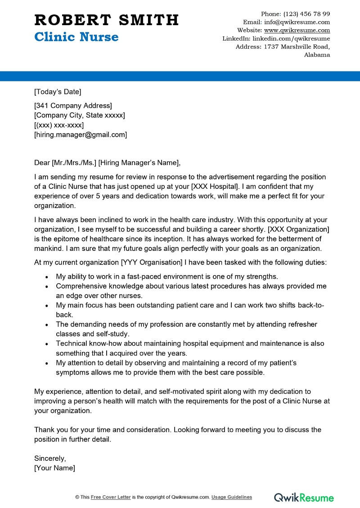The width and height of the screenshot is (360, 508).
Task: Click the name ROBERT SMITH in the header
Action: (107, 20)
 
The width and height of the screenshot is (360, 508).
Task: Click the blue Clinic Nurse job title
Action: (76, 37)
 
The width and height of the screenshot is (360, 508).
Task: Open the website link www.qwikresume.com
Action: (297, 30)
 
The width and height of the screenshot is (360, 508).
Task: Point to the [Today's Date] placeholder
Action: (58, 92)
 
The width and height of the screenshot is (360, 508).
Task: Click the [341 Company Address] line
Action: (73, 106)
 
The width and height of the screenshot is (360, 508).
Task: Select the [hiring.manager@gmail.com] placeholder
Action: (81, 134)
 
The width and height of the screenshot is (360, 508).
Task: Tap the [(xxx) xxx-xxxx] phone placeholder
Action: (59, 125)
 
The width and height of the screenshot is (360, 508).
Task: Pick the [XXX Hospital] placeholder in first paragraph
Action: (212, 187)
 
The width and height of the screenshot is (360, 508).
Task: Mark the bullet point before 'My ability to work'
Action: (47, 276)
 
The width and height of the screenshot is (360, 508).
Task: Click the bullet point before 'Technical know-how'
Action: (47, 343)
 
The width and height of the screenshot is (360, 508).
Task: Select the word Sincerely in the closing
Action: (50, 459)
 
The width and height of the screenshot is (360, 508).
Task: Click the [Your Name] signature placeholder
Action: (54, 468)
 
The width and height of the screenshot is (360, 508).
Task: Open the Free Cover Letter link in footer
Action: (111, 497)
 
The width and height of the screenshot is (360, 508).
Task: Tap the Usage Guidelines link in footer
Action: (232, 497)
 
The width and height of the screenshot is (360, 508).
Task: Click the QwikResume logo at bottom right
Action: (304, 497)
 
